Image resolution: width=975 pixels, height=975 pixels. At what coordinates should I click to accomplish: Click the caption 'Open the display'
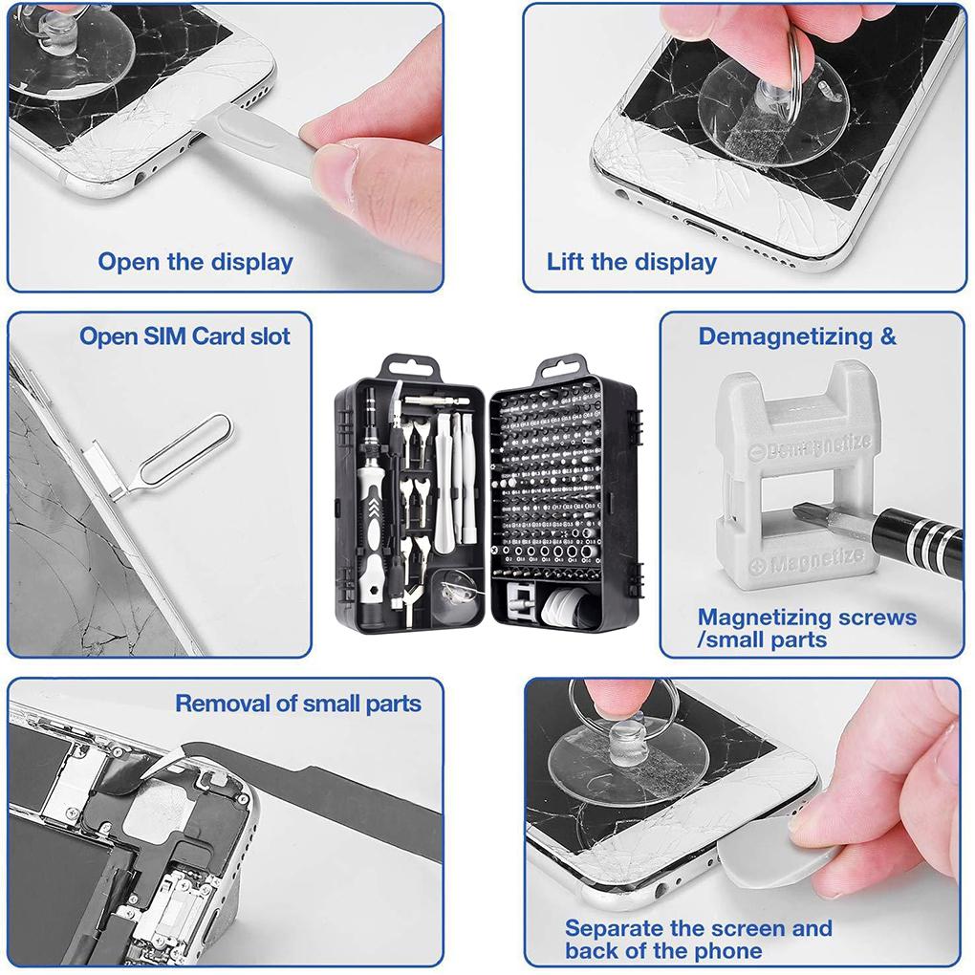pos(195,262)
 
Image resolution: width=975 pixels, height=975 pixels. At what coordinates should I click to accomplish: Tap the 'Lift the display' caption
pos(631,262)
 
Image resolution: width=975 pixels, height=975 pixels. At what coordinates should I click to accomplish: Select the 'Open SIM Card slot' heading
pos(184,336)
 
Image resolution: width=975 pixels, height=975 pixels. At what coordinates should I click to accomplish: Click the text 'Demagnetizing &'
pos(797,336)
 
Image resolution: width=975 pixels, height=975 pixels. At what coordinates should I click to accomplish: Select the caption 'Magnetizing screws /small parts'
pos(806,629)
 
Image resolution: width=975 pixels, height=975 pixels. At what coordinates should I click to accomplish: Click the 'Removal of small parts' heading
pos(297,704)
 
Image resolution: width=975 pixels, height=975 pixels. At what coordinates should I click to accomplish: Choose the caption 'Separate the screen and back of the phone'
pos(698,939)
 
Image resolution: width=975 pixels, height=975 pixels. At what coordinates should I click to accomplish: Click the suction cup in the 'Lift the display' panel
pos(755,110)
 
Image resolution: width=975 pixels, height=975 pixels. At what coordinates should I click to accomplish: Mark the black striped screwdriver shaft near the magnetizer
pos(918,535)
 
